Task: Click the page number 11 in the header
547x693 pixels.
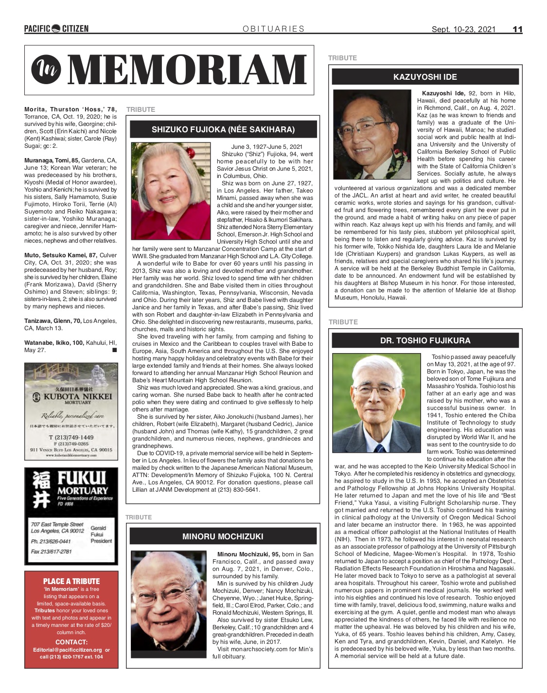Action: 517,29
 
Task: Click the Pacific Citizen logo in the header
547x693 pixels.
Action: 56,29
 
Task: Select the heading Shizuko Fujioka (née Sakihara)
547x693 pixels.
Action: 223,129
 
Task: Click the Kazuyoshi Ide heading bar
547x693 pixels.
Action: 425,77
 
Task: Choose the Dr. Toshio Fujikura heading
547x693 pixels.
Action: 425,340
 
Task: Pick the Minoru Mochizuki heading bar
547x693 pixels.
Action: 223,536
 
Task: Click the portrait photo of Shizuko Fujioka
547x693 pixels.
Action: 171,191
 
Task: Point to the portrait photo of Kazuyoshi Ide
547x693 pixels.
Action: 372,135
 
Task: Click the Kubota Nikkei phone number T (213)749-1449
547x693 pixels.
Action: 71,437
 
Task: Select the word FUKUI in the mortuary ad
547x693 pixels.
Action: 82,478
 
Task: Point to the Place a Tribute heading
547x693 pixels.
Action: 71,581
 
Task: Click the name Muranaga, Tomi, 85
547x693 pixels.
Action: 52,160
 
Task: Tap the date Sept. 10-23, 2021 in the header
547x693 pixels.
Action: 463,29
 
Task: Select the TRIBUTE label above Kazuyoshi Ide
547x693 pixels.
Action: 342,58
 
